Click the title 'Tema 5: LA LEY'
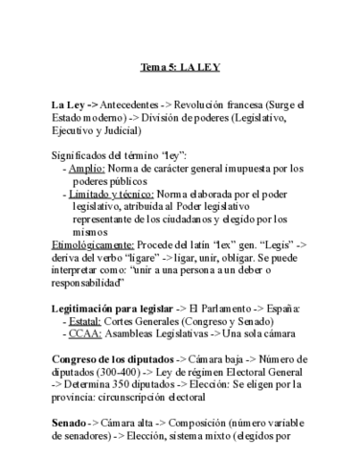click(180, 69)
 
